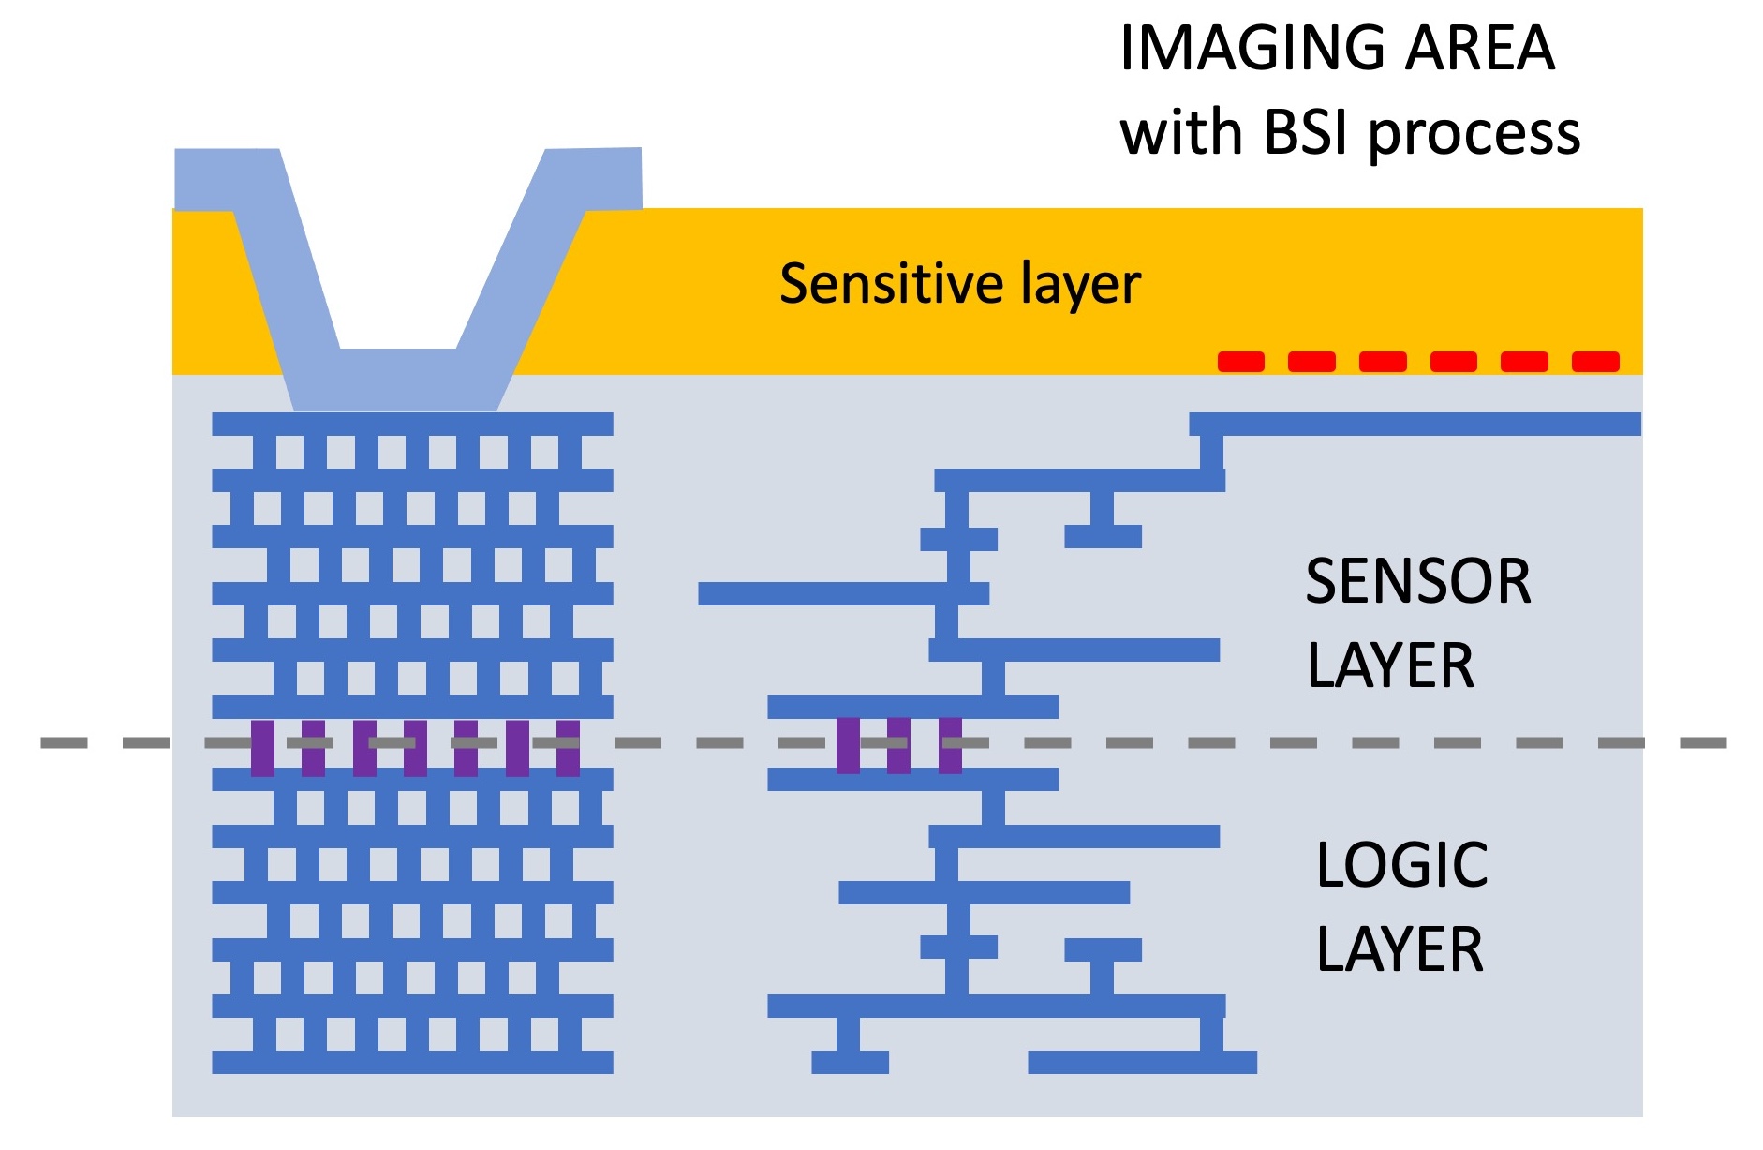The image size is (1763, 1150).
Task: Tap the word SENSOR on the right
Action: tap(1417, 581)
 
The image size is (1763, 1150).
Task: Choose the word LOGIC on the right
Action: tap(1401, 864)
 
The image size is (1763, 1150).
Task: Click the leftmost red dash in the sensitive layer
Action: tap(1240, 362)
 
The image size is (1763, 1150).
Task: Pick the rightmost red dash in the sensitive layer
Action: tap(1595, 362)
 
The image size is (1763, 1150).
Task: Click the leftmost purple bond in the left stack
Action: tap(263, 748)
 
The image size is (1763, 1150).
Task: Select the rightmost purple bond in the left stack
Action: tap(568, 748)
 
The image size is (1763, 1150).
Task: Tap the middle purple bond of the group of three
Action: tap(898, 745)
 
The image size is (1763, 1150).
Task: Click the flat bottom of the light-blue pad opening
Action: tap(398, 380)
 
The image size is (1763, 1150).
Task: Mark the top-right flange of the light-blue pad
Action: tap(594, 178)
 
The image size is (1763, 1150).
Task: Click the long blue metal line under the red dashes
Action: tap(1415, 424)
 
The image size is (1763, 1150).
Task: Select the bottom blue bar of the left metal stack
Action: tap(412, 1062)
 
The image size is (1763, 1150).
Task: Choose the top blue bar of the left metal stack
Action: tap(412, 424)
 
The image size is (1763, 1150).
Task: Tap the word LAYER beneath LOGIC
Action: tap(1400, 949)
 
